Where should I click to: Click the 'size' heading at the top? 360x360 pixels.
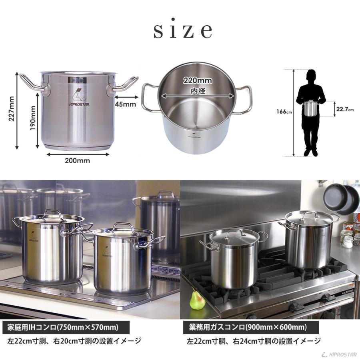(182, 31)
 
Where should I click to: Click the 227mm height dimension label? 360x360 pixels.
(11, 112)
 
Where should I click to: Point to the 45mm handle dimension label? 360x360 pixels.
(125, 104)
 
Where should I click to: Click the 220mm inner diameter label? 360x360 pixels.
(198, 80)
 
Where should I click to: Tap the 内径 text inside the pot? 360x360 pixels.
(198, 91)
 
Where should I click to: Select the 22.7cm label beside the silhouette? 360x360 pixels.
(344, 109)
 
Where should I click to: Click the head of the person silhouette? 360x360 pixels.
(311, 76)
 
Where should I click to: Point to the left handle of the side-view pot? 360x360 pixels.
(32, 83)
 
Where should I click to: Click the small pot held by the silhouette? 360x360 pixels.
(310, 108)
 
